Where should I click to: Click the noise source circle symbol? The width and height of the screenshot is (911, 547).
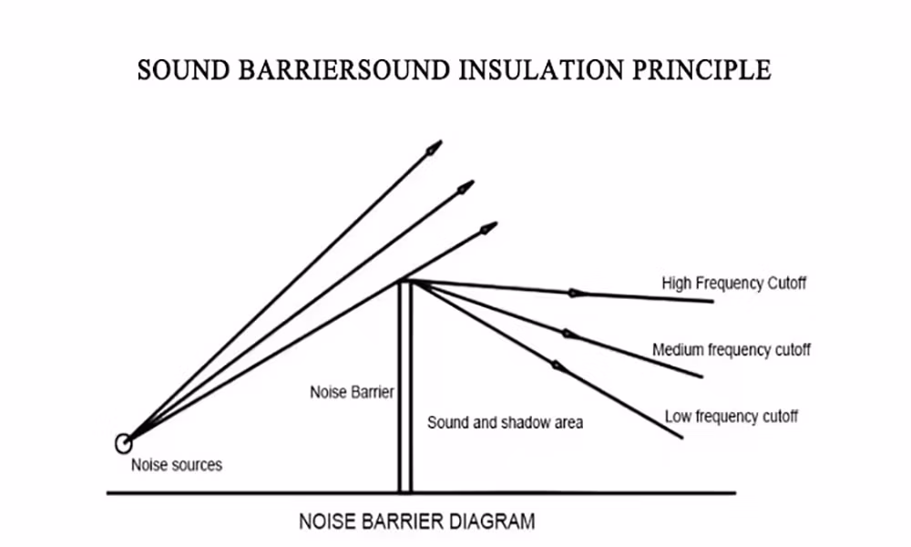tap(123, 444)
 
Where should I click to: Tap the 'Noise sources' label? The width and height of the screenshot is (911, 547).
tap(177, 465)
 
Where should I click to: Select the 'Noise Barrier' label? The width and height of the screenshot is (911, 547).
tap(352, 393)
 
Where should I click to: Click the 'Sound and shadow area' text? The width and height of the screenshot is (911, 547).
tap(505, 423)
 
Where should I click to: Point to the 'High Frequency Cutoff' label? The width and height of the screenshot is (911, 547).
tap(733, 284)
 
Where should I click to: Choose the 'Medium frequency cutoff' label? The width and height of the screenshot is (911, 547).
tap(731, 350)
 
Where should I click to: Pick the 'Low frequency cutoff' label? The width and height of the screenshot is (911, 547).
tap(731, 417)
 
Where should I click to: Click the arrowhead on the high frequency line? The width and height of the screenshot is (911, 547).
tap(576, 294)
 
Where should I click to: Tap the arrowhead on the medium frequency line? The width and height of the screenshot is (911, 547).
tap(570, 335)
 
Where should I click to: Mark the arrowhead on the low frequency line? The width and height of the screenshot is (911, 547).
tap(556, 366)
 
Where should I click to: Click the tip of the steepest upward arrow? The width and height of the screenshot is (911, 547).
tap(438, 144)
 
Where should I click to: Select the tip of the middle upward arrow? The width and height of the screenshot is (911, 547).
tap(469, 185)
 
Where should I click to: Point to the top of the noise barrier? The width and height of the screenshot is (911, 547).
tap(405, 283)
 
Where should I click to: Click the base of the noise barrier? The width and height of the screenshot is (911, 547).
tap(405, 490)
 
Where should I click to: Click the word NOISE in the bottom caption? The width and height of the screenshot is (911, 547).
tap(326, 522)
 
